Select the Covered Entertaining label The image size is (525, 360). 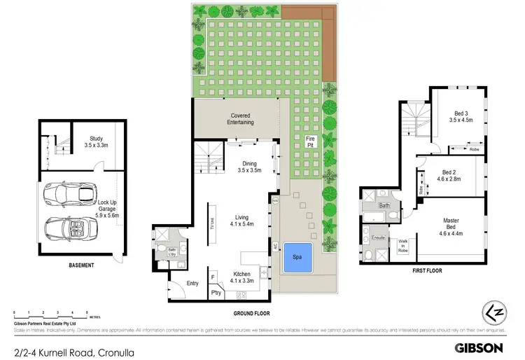pos(241,119)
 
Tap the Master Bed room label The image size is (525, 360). pos(451,224)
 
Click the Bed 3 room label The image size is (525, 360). pos(461,116)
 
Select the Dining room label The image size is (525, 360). pos(249,166)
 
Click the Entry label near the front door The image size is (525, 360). pos(192,283)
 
